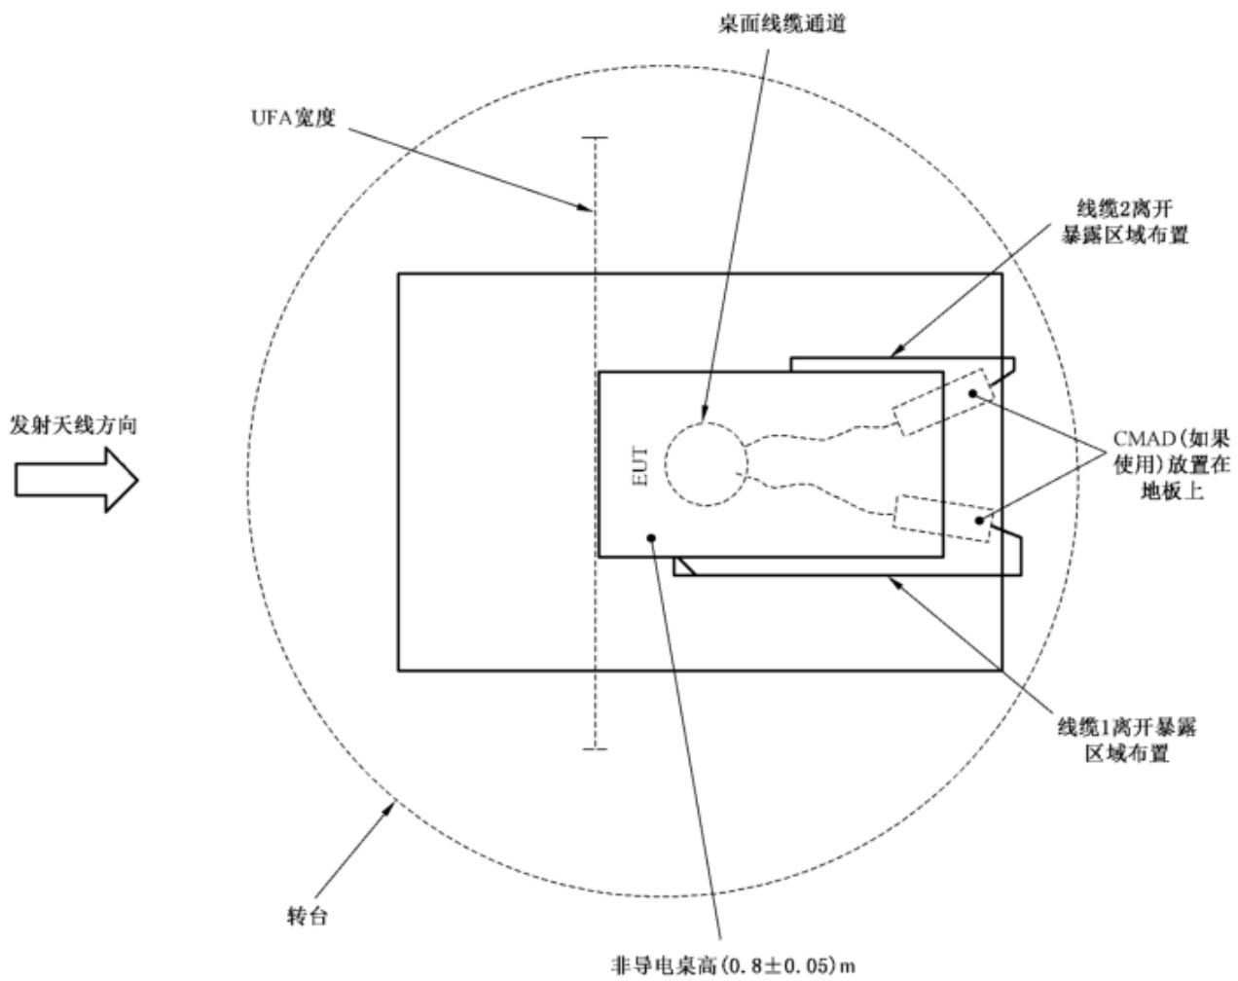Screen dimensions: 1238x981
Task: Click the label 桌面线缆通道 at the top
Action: [783, 24]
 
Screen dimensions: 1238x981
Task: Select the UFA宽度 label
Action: [293, 118]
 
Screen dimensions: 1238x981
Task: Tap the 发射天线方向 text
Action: [74, 425]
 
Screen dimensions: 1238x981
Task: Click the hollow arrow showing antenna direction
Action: [77, 480]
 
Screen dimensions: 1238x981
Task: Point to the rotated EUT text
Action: [639, 465]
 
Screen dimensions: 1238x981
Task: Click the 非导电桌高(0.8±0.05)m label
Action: [734, 964]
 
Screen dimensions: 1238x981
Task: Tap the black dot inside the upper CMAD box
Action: [973, 393]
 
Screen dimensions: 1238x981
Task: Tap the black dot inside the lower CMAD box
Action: [979, 521]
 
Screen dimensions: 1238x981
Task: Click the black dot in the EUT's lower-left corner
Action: [651, 538]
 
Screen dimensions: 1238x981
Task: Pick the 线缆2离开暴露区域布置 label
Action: [1125, 222]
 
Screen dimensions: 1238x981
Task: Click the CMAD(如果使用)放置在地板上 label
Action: [1172, 465]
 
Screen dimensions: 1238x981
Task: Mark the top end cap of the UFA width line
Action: [595, 138]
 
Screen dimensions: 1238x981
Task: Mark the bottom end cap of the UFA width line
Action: [595, 749]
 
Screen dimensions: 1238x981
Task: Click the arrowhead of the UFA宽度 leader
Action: [586, 209]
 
